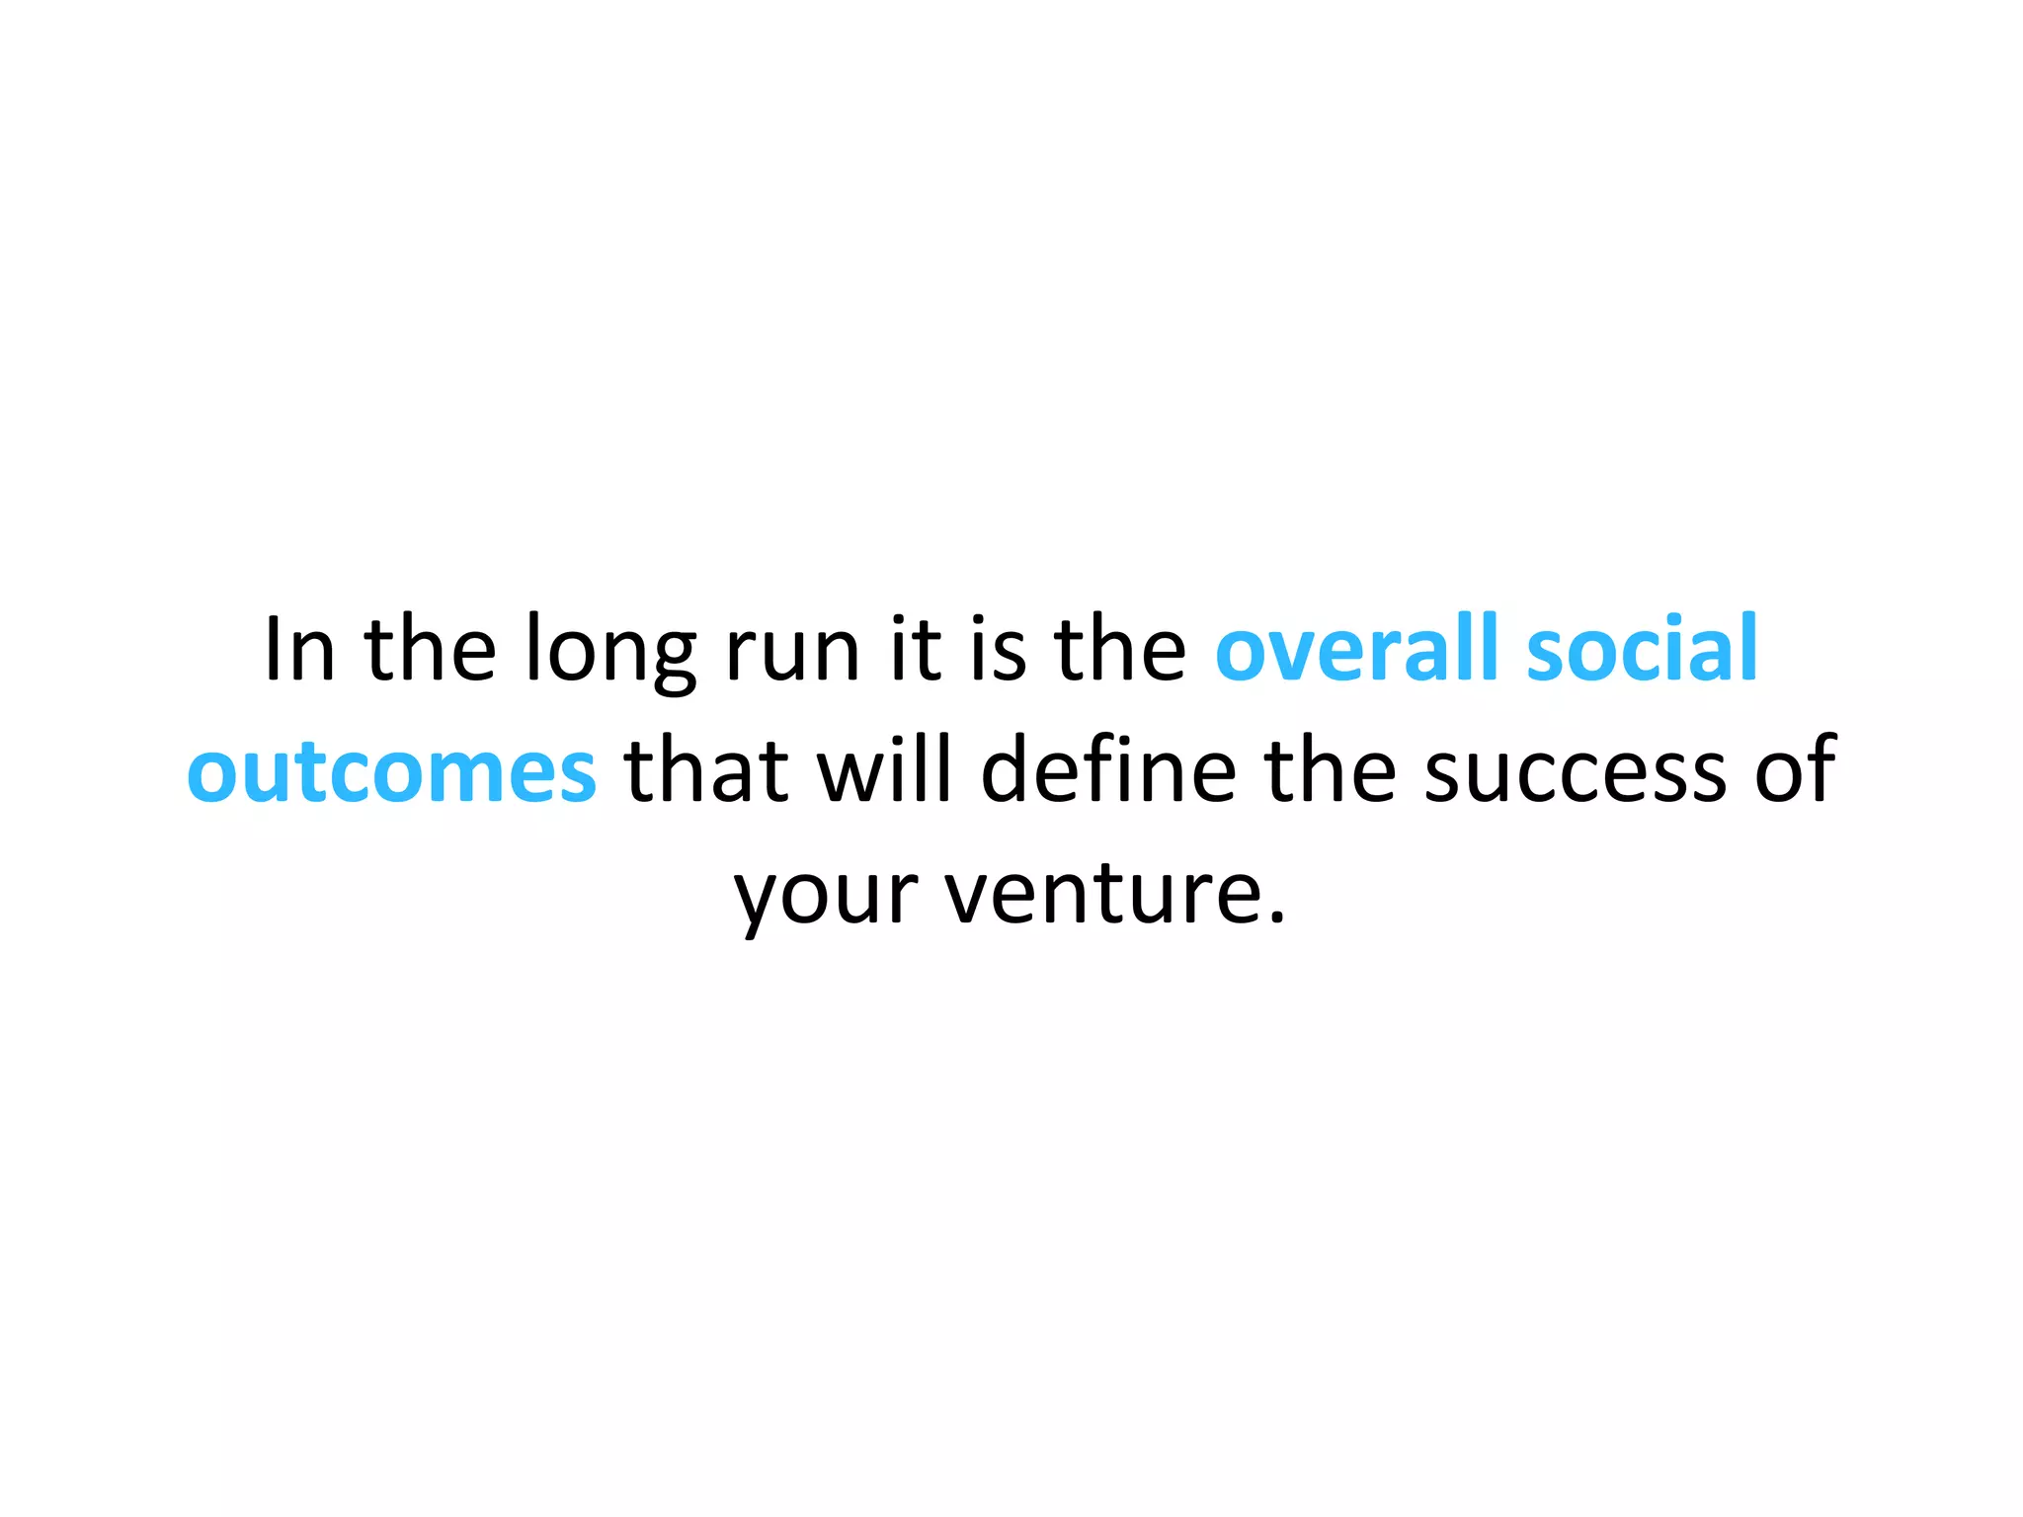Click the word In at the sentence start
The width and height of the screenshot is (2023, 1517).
pos(299,650)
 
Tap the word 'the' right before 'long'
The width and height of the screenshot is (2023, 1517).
pos(431,650)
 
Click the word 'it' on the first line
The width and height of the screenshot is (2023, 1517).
pos(915,650)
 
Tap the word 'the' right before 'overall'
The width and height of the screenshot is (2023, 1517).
pos(1120,650)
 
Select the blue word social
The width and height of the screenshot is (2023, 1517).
pos(1642,650)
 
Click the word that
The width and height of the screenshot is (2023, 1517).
pos(707,770)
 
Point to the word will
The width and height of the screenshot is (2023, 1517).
pos(885,770)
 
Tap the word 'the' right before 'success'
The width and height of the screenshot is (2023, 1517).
pos(1330,770)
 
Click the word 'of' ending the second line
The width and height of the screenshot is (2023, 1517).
pos(1796,770)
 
